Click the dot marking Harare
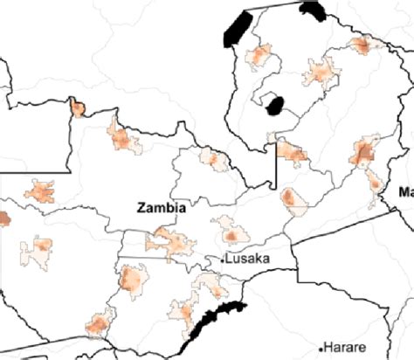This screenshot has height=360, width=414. pos(322,347)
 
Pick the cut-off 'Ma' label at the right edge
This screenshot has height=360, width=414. pos(405,192)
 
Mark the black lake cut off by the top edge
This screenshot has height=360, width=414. pos(312,11)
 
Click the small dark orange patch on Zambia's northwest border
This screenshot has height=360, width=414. pos(78,108)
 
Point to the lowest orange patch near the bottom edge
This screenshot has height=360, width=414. pos(95,326)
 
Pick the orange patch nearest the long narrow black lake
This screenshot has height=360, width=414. pos(260,59)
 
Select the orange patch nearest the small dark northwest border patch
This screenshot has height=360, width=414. pos(121,137)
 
